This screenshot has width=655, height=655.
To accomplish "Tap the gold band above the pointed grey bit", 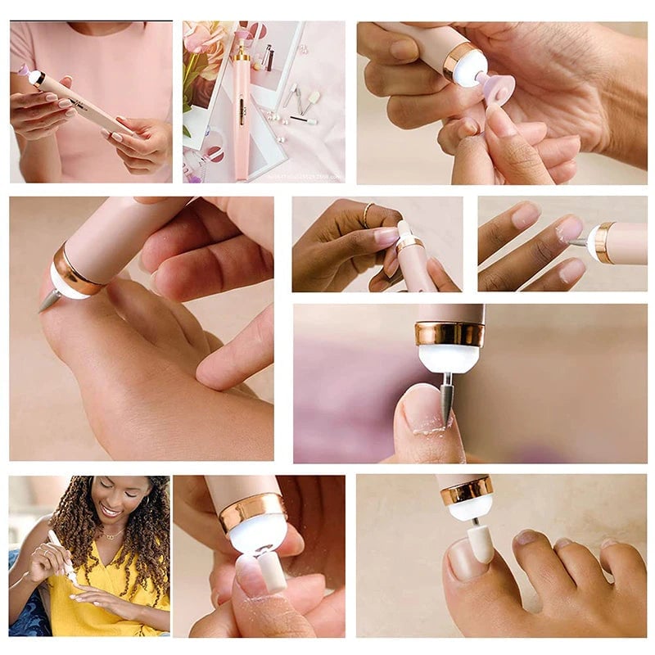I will [449, 333].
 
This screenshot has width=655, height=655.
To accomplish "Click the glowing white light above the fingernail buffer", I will [258, 532].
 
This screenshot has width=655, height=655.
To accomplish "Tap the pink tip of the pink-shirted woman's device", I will [24, 70].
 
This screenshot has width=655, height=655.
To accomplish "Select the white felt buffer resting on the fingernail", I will [271, 571].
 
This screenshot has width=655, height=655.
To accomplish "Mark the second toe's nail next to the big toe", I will [526, 538].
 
